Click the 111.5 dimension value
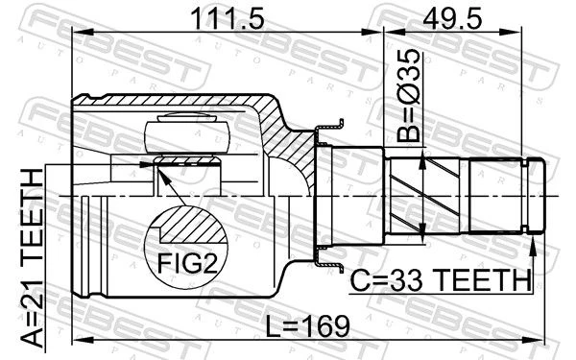coord(228,18)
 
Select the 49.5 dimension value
coord(452,18)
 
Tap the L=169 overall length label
coord(308,325)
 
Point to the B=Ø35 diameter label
coord(409,95)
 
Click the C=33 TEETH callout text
coord(441,280)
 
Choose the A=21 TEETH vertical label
coord(33,257)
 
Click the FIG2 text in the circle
coord(188,263)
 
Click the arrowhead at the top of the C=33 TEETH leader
coord(533,246)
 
